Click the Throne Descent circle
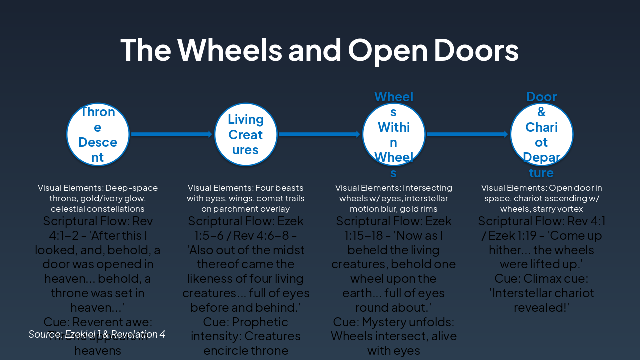[98, 134]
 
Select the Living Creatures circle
[246, 134]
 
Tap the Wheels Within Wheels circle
[394, 134]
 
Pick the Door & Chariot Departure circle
[542, 134]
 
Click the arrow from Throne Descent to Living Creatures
[172, 134]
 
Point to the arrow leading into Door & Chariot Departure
[468, 134]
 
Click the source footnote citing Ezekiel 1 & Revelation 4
[97, 334]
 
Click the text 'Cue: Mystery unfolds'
[393, 322]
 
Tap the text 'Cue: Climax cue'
[541, 278]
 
